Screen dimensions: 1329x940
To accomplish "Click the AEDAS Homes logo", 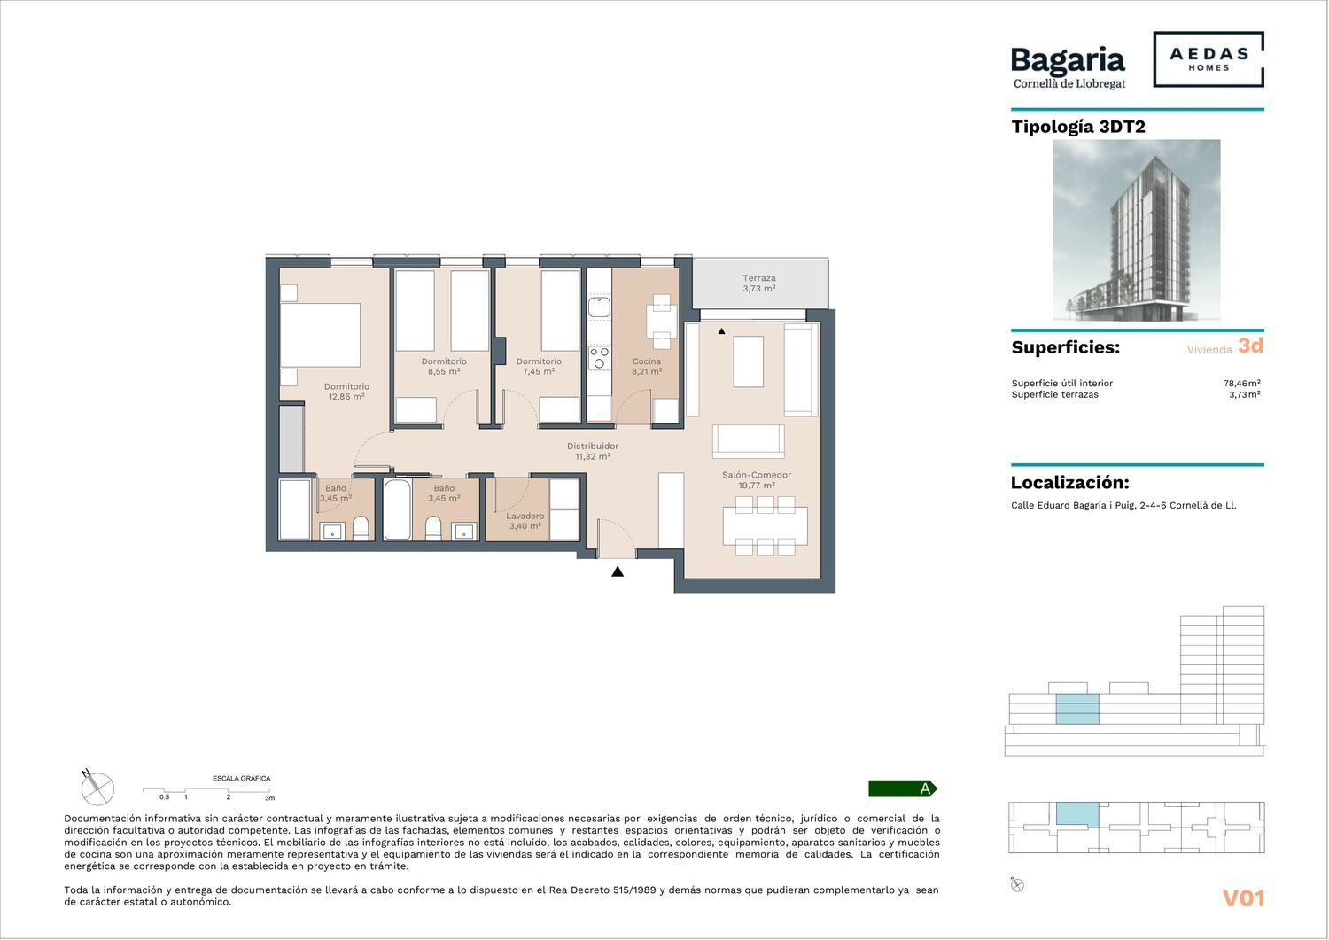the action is (x=1209, y=59).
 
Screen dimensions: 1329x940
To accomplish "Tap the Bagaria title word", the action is (x=1068, y=61).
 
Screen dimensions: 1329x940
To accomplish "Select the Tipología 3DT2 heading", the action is (x=1078, y=127).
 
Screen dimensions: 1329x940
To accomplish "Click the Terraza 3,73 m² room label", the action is (x=758, y=284).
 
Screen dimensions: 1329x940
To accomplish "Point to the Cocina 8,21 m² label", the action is (x=646, y=366).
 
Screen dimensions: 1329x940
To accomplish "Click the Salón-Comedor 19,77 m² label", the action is (x=757, y=479).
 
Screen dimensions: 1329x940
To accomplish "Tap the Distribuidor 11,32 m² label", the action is (x=593, y=451).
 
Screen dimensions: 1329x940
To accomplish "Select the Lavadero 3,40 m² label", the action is (x=525, y=521).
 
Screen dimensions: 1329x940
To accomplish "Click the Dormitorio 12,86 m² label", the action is (x=346, y=392).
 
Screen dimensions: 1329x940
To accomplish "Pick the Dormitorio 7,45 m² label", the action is (x=539, y=366).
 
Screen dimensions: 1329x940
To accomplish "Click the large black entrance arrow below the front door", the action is (x=618, y=571).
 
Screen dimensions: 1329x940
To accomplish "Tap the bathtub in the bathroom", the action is (x=397, y=509).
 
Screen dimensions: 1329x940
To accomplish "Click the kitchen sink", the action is (x=599, y=307).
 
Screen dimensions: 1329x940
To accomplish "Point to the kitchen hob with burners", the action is (x=599, y=358).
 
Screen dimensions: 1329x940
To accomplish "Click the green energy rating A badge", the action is (x=903, y=789).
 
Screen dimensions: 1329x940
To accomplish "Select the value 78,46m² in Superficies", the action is (x=1242, y=384).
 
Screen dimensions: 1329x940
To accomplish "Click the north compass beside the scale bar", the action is (x=97, y=789).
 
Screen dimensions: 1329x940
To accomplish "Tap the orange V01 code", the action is (x=1244, y=898).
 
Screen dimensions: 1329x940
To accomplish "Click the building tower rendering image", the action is (x=1136, y=230).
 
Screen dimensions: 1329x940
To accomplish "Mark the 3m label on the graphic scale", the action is (x=270, y=798).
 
